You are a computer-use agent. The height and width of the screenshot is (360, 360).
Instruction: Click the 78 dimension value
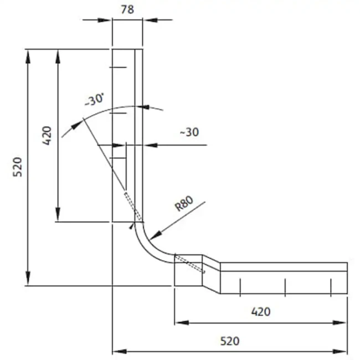click(x=127, y=9)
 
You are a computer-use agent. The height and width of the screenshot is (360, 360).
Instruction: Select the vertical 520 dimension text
click(x=18, y=167)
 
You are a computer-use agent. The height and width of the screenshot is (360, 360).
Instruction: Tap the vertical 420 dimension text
click(x=47, y=136)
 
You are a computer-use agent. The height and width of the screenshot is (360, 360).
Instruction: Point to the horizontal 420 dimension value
click(x=261, y=312)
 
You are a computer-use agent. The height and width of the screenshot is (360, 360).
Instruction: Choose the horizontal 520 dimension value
click(x=230, y=341)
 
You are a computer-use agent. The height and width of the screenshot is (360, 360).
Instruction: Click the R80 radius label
click(x=184, y=203)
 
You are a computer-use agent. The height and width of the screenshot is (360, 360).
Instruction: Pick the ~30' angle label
click(x=94, y=100)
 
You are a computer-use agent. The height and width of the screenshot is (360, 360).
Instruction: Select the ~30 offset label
click(x=189, y=132)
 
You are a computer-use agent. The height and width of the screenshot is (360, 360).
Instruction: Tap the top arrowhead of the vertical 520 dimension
click(x=28, y=56)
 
